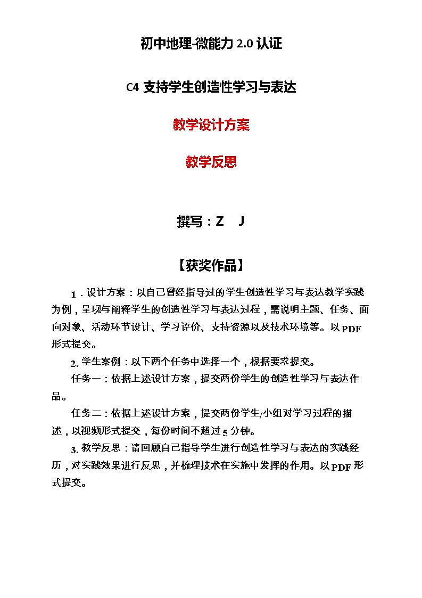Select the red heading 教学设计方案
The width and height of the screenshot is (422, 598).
pos(211,125)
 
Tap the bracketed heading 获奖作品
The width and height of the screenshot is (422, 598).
pos(211,265)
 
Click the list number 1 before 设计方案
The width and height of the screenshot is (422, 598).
pos(74,294)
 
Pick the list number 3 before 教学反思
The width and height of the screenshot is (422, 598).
pos(75,448)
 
